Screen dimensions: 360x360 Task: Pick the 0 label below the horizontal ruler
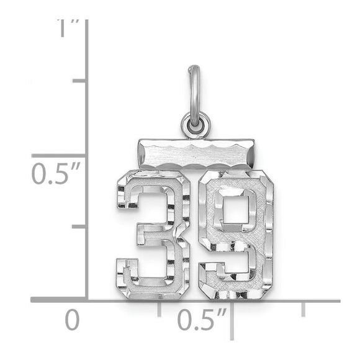pos(73,320)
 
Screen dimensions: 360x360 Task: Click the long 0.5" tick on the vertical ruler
pos(59,155)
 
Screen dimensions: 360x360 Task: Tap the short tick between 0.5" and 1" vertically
pos(79,81)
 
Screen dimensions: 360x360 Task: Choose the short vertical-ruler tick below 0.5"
pos(79,227)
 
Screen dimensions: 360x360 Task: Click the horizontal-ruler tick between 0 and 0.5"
pos(160,308)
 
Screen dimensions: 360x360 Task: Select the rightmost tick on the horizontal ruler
pos(303,308)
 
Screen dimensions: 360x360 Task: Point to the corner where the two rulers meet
pos(86,300)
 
